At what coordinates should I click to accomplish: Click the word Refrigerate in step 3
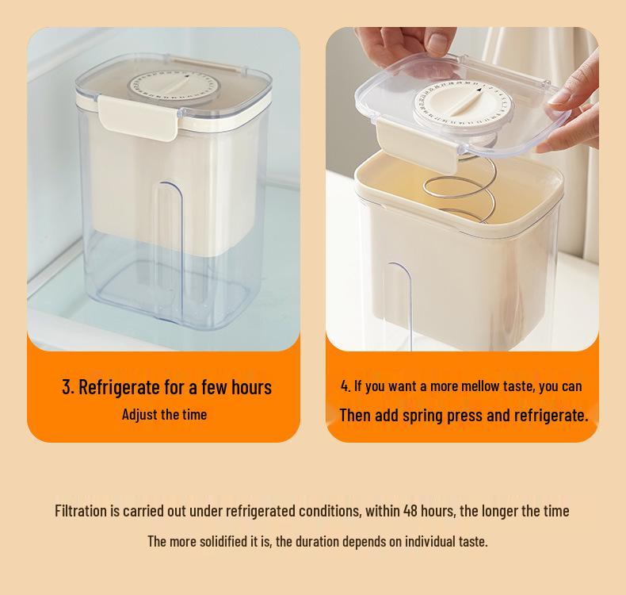pos(120,387)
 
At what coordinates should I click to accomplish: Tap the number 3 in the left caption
pos(67,387)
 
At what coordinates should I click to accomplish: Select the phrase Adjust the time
pos(164,415)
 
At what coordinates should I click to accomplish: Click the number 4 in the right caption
pos(345,386)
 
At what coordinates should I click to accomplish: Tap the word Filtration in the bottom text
pos(80,511)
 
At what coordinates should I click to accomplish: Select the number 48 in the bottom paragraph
pos(410,511)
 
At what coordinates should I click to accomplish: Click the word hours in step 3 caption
pos(251,387)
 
